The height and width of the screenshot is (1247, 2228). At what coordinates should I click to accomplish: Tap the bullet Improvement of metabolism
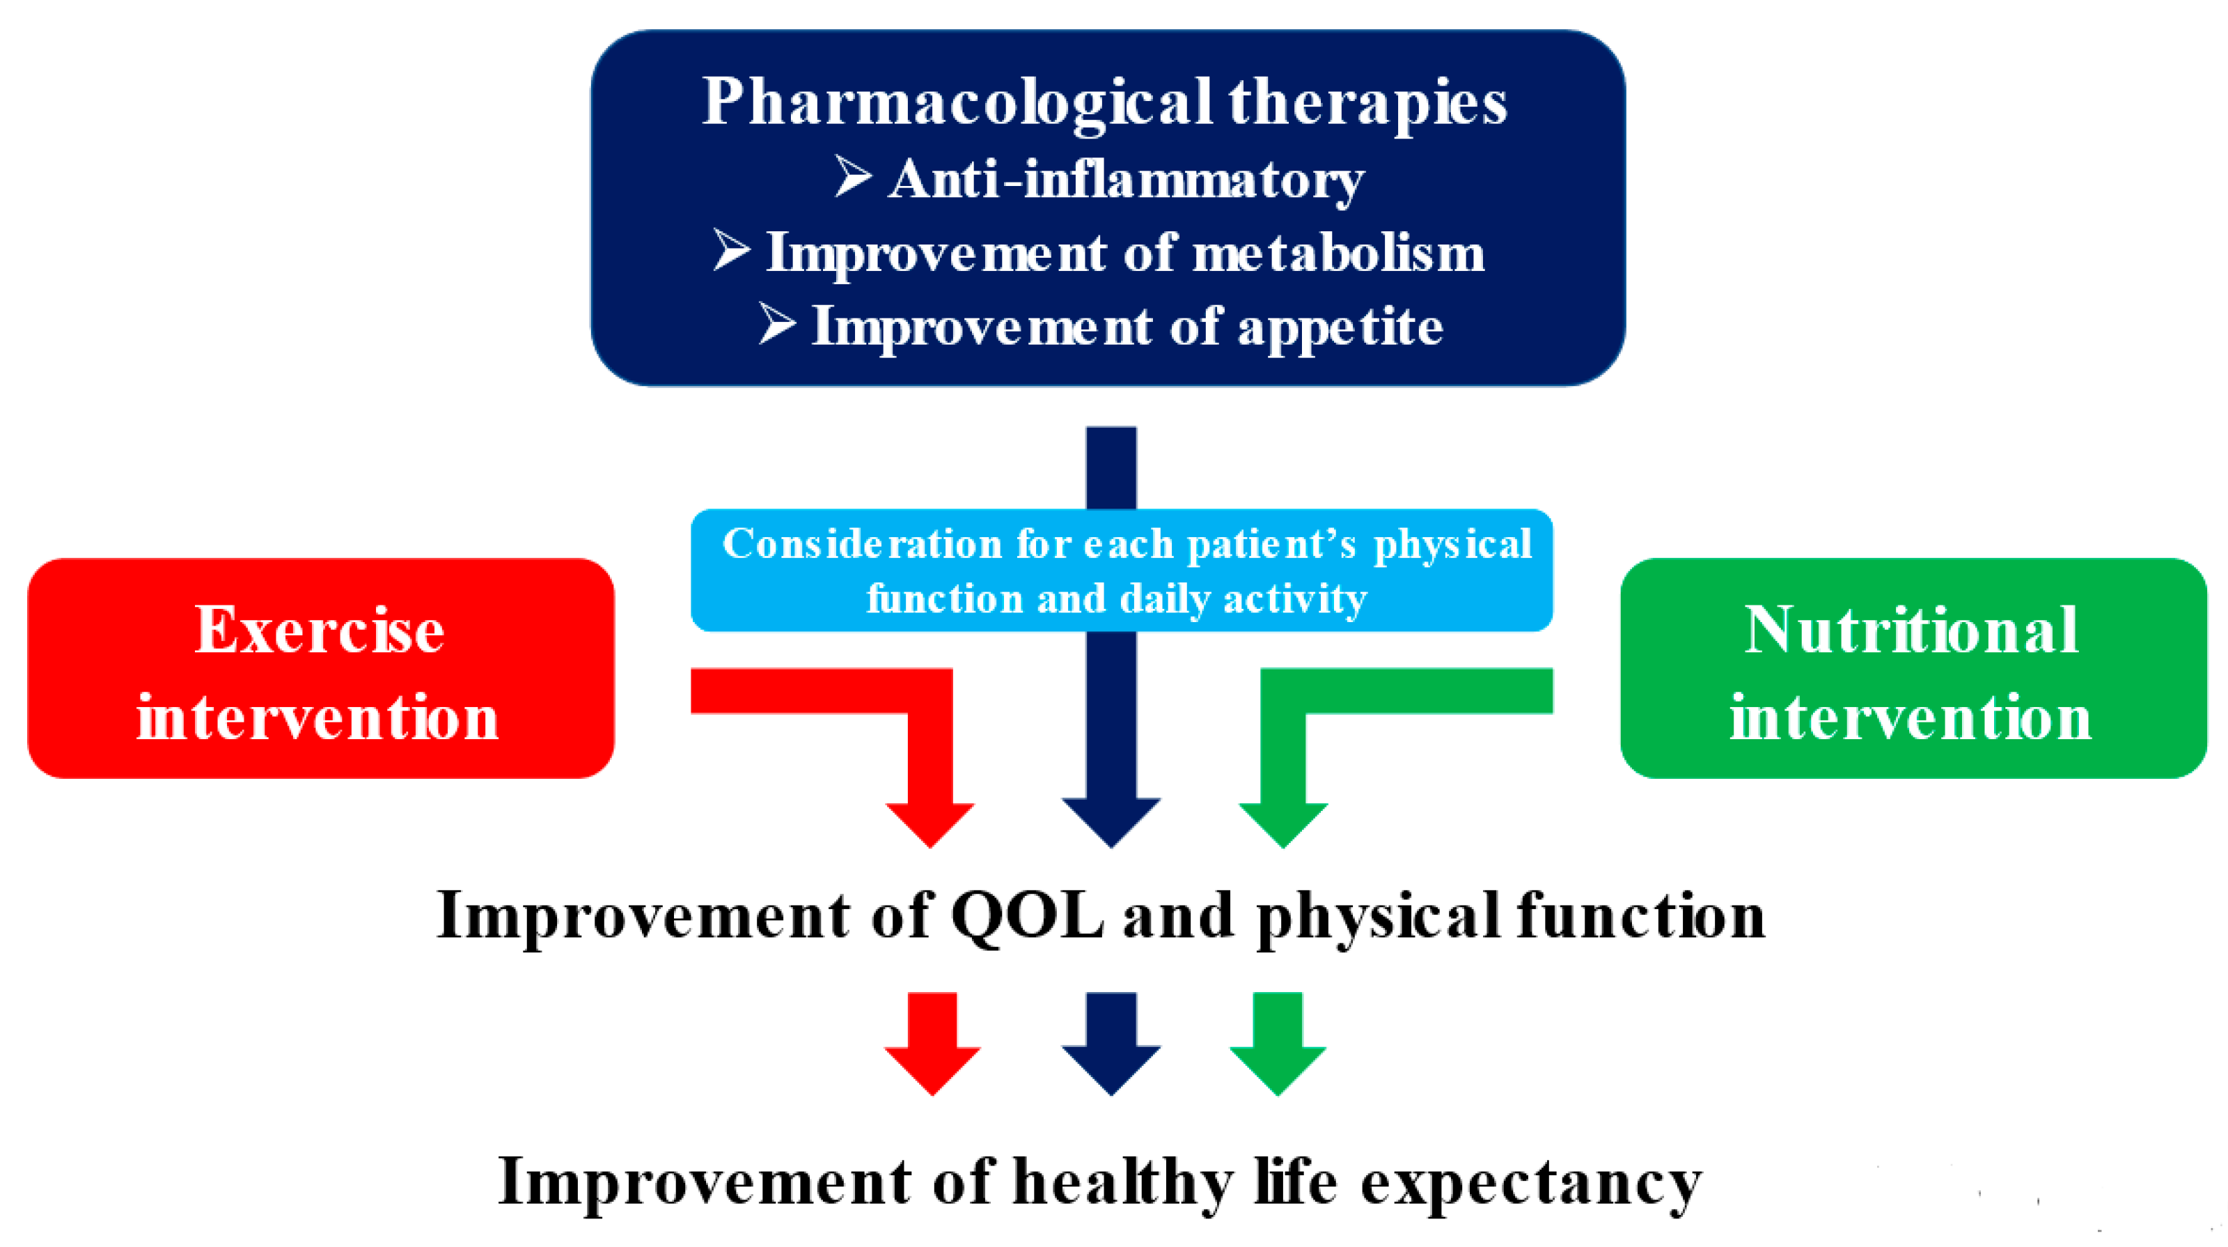(x=1125, y=254)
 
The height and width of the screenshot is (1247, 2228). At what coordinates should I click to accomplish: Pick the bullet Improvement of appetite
(x=1127, y=328)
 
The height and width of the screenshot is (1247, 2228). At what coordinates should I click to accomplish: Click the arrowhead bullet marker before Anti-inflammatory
(x=853, y=176)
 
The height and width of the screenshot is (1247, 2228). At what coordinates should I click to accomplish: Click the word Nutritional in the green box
(x=1911, y=630)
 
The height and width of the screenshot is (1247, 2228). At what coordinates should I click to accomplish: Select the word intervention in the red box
(x=317, y=718)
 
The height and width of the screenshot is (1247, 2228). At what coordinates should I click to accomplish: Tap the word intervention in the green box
(x=1911, y=718)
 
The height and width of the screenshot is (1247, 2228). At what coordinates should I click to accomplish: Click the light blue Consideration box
(x=1122, y=571)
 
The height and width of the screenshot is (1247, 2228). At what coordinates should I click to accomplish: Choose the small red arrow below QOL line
(x=932, y=1044)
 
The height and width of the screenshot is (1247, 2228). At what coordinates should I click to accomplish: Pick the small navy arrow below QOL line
(x=1111, y=1044)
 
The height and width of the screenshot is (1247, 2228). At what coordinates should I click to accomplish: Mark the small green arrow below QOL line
(x=1278, y=1044)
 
